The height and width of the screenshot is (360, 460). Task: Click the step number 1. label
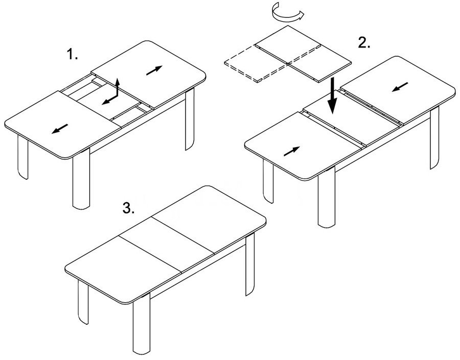[73, 54]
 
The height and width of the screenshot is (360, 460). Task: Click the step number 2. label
[364, 43]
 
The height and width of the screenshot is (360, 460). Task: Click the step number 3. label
[128, 208]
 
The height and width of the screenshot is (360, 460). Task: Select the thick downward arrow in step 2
[332, 96]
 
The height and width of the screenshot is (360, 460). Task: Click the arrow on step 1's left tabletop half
[60, 129]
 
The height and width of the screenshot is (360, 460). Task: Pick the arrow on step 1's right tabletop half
[154, 70]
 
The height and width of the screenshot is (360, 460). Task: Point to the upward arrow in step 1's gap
[118, 87]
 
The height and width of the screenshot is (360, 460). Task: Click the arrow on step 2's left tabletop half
[292, 151]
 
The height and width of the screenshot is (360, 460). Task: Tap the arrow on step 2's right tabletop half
[400, 87]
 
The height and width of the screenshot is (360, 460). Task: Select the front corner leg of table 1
[81, 179]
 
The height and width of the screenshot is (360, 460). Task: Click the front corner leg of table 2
[327, 198]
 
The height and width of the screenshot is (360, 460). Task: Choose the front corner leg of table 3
[142, 324]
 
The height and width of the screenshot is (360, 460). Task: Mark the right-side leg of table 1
[190, 119]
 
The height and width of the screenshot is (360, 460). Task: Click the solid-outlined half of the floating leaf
[304, 54]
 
